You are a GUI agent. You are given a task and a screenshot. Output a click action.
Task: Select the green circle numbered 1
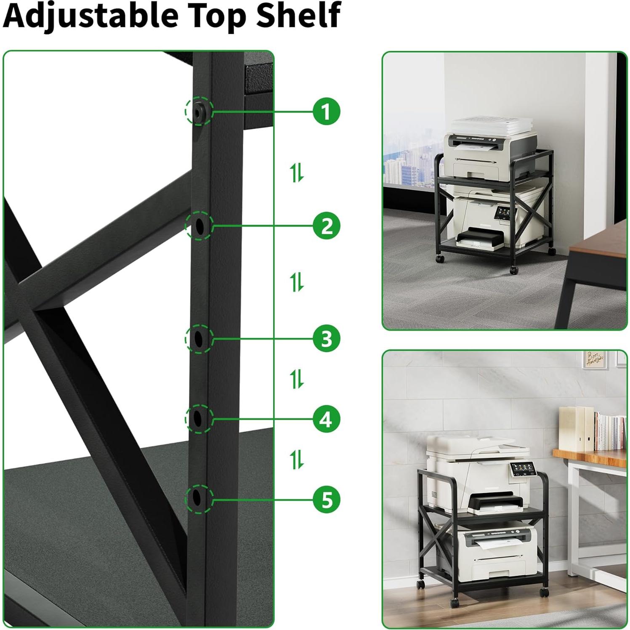tap(327, 112)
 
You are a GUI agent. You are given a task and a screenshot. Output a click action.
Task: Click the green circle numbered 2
tap(327, 226)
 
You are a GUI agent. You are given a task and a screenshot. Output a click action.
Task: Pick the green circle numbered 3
tap(327, 338)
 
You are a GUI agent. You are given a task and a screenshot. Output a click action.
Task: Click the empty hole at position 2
tap(199, 226)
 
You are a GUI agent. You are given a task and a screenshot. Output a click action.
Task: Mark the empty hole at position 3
tap(199, 338)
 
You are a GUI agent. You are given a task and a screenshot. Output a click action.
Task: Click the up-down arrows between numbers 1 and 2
tap(297, 173)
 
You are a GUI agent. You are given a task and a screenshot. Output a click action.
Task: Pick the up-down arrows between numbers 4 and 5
tap(297, 459)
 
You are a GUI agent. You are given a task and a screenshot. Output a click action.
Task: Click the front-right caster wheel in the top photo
tap(514, 269)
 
